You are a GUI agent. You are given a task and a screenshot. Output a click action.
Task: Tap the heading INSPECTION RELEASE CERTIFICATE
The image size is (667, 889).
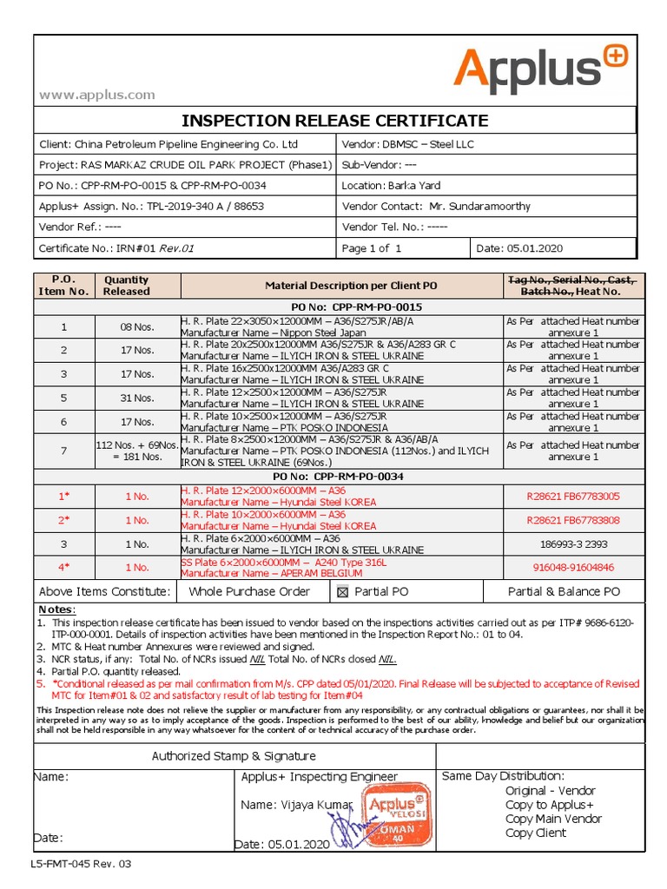point(334,120)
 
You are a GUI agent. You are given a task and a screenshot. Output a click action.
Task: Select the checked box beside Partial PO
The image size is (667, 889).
point(343,592)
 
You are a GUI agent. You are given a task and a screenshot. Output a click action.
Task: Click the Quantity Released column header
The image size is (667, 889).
point(126,286)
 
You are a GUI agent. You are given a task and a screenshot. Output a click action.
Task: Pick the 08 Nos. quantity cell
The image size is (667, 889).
point(126,327)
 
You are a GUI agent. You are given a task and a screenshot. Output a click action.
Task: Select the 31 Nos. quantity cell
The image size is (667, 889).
point(126,398)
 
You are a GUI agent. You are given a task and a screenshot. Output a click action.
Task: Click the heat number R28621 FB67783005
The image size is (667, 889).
point(573,497)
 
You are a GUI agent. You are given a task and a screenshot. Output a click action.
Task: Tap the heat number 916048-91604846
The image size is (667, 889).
point(573,568)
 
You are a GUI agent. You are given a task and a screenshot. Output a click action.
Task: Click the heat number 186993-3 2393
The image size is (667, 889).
point(573,544)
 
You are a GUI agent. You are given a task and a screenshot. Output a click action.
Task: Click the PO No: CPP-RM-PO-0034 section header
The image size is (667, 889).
point(334,476)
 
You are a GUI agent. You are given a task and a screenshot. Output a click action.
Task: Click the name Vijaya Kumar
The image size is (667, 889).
point(295,805)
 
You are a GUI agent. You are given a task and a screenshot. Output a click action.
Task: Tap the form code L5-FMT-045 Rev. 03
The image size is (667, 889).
point(81,865)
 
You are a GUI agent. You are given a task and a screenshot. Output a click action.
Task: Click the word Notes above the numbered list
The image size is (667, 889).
point(57,610)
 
